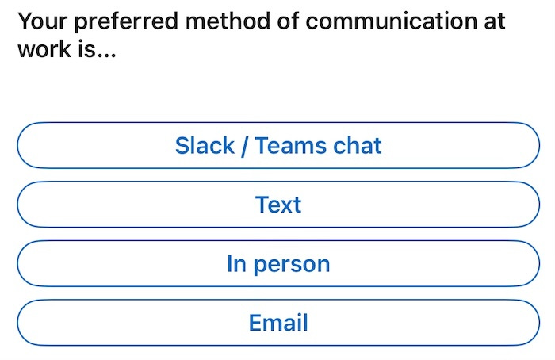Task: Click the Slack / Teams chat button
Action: pos(277,146)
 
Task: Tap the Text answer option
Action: pos(277,205)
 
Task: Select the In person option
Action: pos(277,263)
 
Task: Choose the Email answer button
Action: pos(277,323)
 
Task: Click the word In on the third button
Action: pos(236,263)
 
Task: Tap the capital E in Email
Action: pos(255,323)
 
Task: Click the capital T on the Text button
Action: pos(262,205)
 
